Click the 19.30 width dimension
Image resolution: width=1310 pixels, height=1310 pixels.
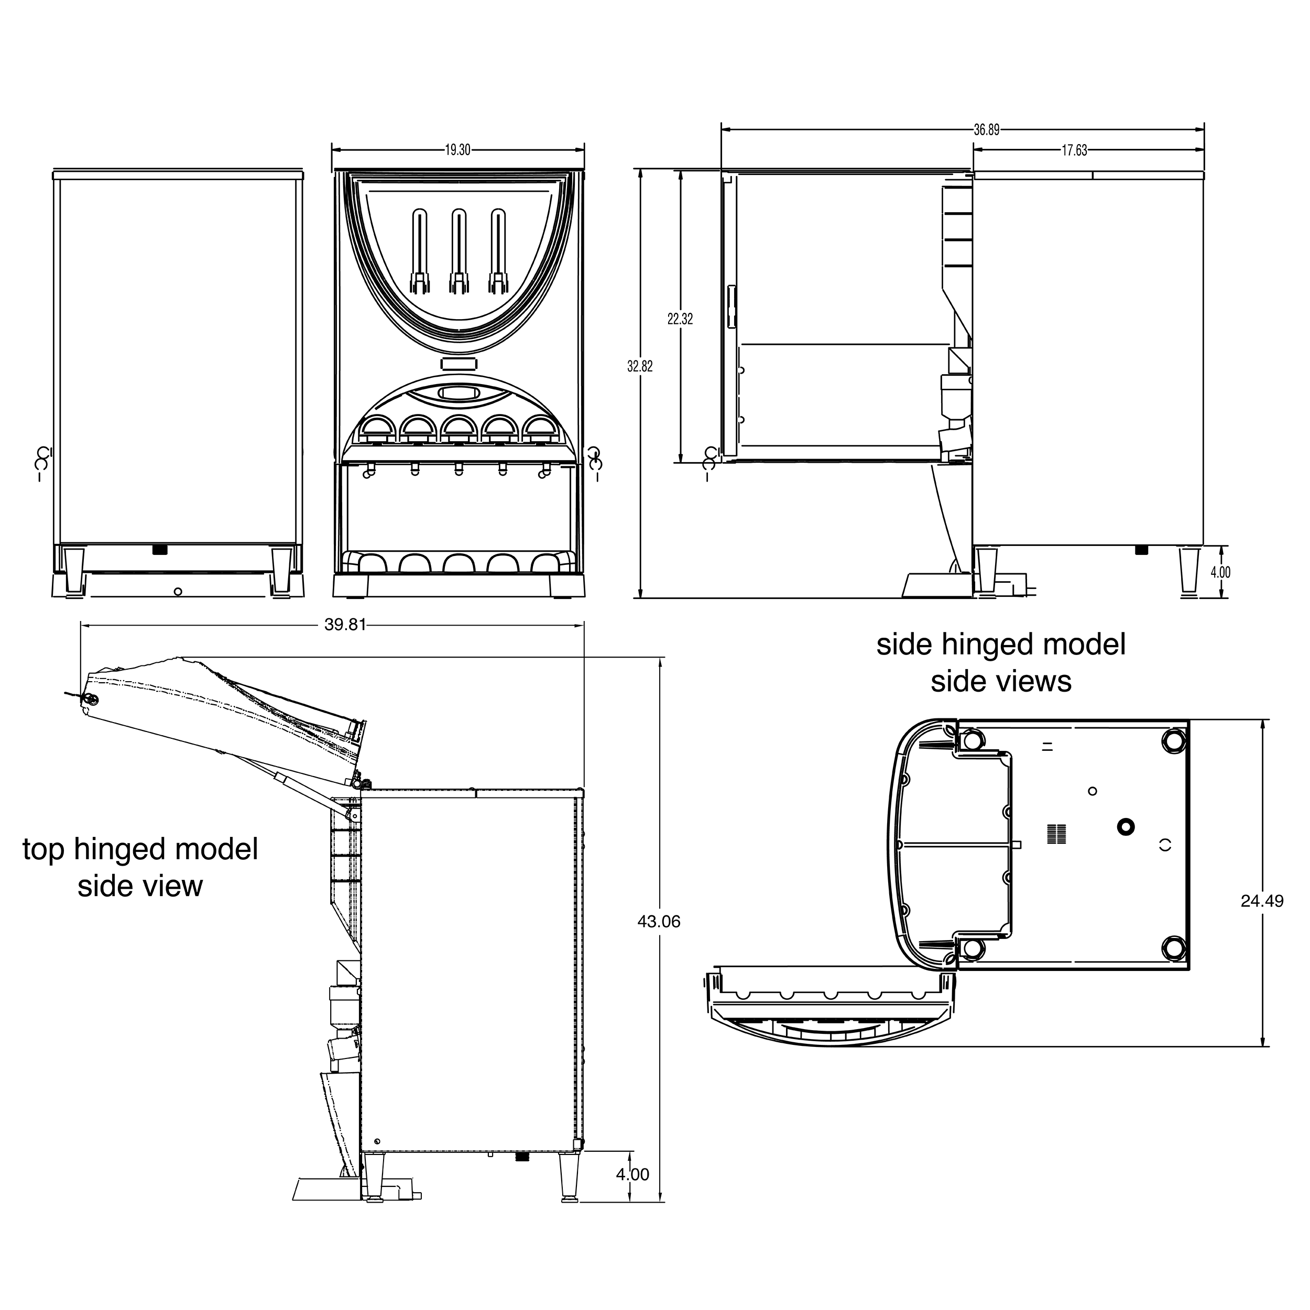click(457, 150)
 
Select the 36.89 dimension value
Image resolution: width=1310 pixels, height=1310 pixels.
click(987, 130)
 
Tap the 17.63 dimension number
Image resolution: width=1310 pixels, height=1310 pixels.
click(1074, 150)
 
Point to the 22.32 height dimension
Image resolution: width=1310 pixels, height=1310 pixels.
click(680, 319)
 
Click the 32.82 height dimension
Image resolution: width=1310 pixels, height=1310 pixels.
click(640, 366)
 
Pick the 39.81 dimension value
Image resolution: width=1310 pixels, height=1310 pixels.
click(345, 625)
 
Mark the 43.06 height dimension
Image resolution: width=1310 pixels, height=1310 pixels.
click(658, 922)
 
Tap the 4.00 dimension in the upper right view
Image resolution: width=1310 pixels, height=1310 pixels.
click(1220, 572)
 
